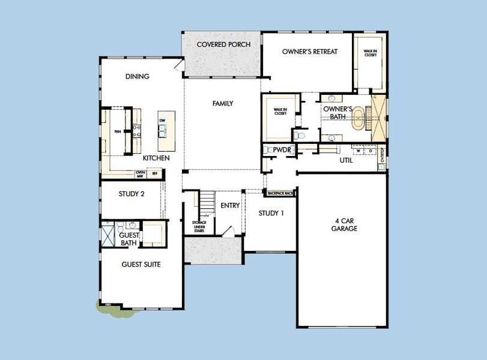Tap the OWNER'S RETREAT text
(310, 52)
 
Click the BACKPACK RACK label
(280, 193)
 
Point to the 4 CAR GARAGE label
(345, 224)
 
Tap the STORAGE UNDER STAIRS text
(199, 226)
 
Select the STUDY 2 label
(132, 193)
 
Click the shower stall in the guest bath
(107, 234)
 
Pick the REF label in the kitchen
(154, 174)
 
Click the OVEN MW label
(141, 174)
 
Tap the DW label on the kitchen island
(162, 121)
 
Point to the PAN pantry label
(118, 131)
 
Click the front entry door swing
(228, 232)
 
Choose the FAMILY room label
(223, 104)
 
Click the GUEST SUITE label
(141, 264)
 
